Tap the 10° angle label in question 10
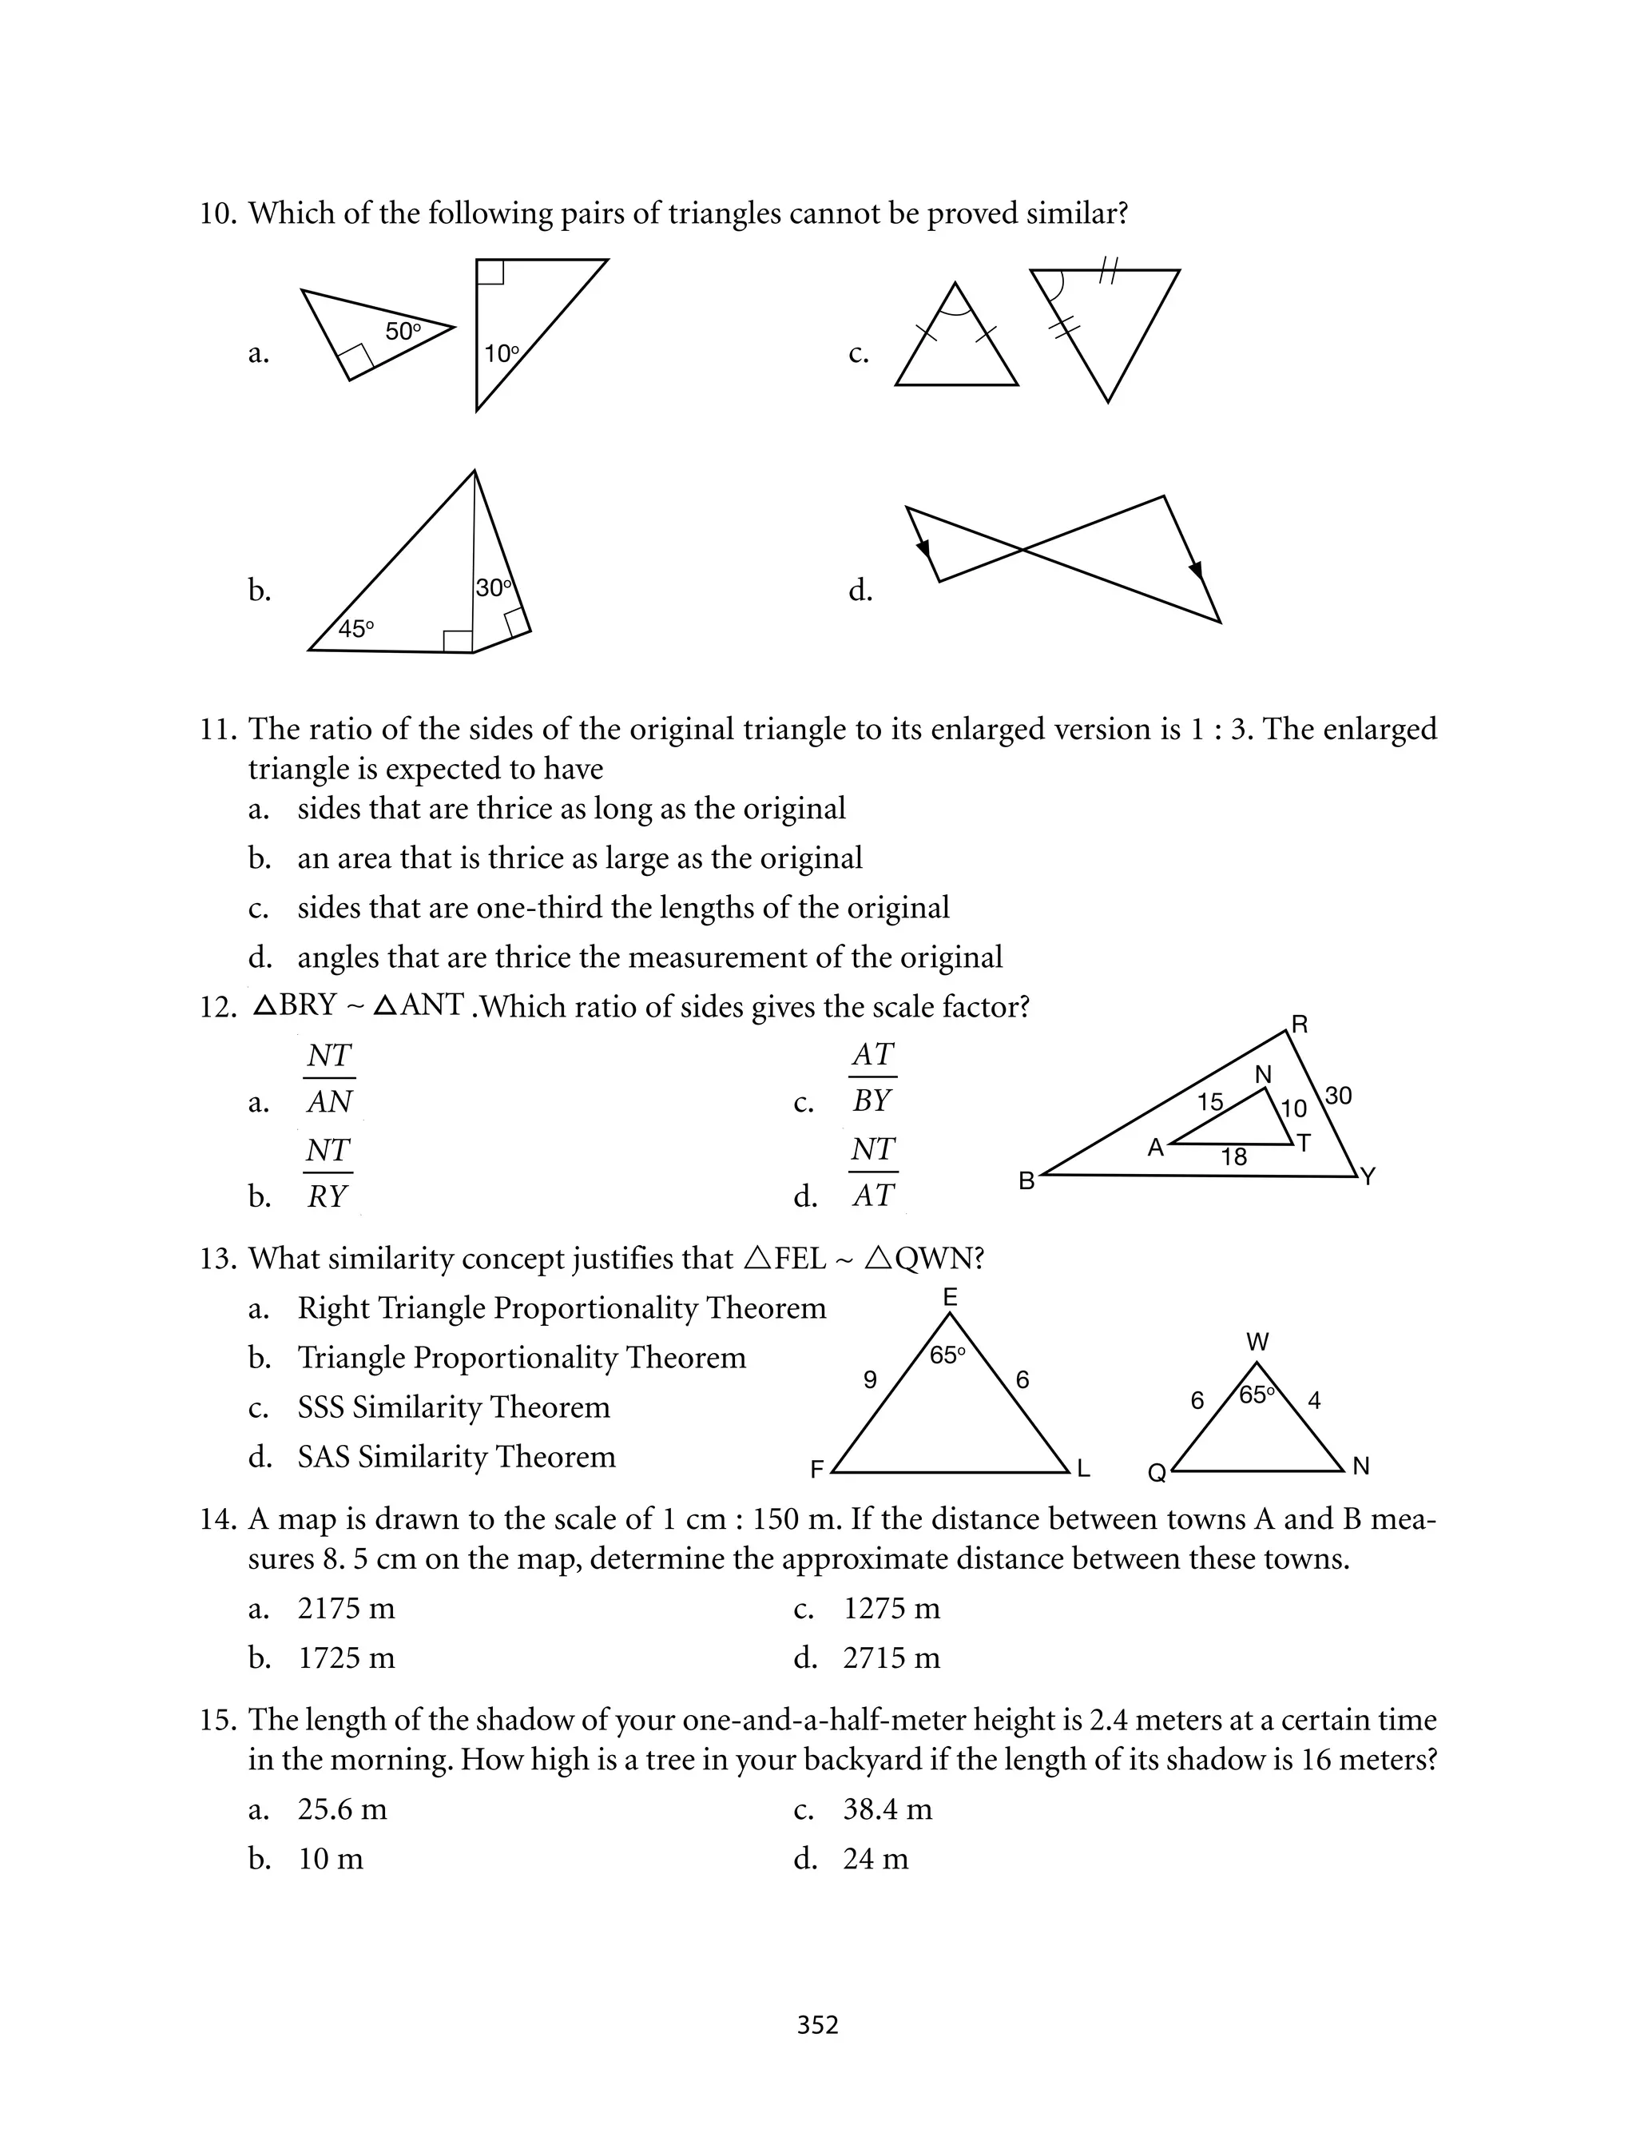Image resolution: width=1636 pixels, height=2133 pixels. point(502,353)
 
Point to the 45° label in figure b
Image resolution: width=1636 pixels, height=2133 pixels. point(355,629)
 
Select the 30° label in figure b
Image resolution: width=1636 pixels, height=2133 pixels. point(494,588)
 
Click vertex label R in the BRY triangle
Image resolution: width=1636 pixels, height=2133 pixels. point(1299,1025)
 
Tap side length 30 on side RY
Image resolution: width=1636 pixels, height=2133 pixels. point(1338,1096)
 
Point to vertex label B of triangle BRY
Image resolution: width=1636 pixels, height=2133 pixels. point(1026,1181)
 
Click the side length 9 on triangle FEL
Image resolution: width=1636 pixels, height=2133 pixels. point(871,1380)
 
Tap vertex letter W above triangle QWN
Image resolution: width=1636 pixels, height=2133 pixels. point(1257,1343)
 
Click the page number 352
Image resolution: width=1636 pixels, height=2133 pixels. point(817,2025)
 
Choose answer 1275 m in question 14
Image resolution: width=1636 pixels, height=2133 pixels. point(891,1608)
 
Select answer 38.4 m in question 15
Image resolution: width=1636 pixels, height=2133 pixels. point(887,1809)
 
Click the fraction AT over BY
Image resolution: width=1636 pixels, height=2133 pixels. point(872,1077)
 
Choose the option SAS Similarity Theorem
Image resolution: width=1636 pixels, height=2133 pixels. point(456,1456)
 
